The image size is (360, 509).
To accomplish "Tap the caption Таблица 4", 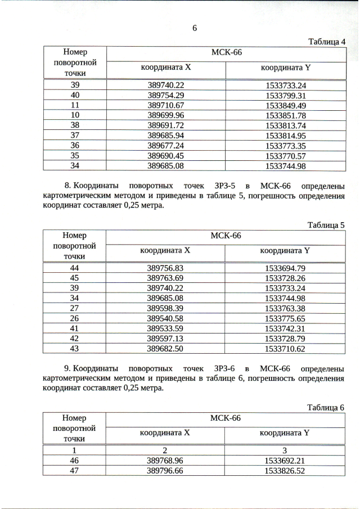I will tap(327, 42).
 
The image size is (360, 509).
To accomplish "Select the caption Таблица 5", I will tap(326, 225).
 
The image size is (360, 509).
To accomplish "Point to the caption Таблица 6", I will tap(326, 408).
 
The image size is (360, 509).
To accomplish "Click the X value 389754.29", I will tap(166, 96).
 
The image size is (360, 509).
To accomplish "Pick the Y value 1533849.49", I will tap(286, 106).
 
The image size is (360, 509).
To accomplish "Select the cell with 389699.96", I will tap(166, 115).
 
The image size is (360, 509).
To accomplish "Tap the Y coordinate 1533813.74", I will tap(286, 125).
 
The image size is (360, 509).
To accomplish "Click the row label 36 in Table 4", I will tap(75, 146).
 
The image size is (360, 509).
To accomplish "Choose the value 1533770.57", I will tap(286, 156).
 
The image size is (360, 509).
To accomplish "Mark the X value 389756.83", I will tap(165, 268).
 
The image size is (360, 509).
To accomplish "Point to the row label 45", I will tap(74, 278).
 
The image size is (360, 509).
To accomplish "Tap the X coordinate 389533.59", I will tap(165, 328).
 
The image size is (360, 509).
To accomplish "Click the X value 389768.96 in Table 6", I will tap(165, 461).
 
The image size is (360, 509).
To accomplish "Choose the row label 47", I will tap(74, 471).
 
